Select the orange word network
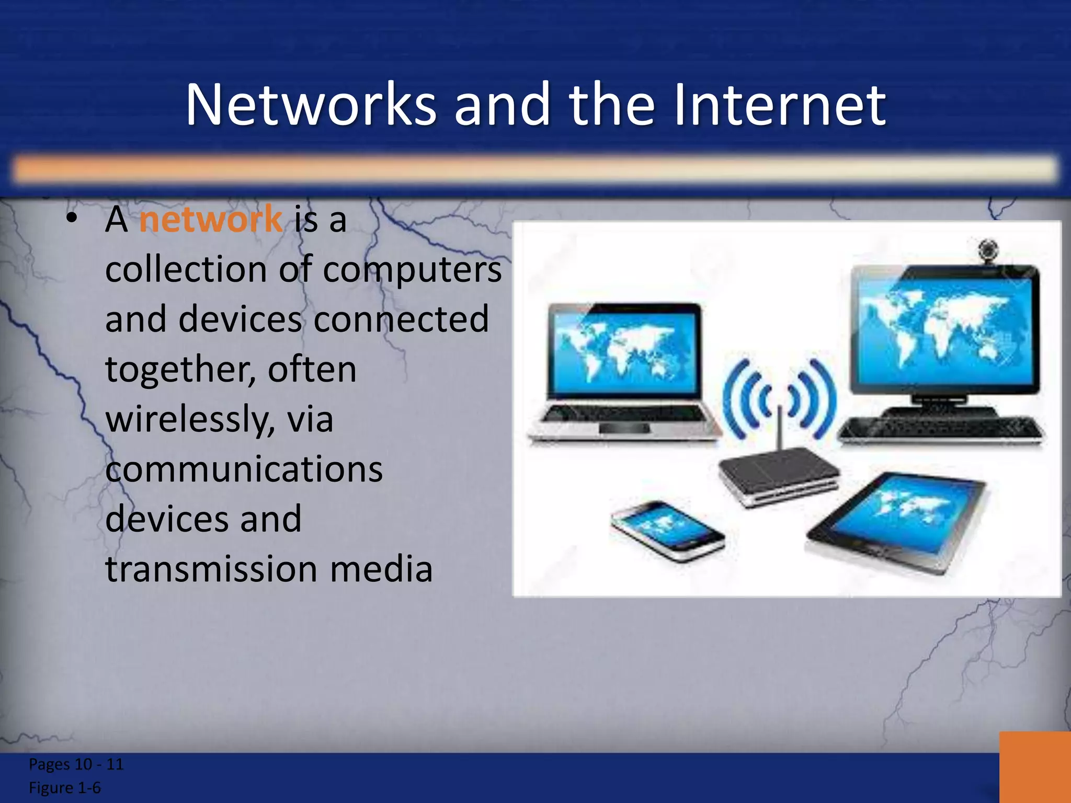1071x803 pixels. (211, 219)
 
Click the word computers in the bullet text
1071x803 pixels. (412, 270)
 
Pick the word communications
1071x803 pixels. (244, 469)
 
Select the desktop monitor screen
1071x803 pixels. (943, 329)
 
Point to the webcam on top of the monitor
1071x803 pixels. (988, 250)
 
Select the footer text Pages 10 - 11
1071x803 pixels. (76, 764)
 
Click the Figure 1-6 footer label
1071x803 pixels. (65, 788)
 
